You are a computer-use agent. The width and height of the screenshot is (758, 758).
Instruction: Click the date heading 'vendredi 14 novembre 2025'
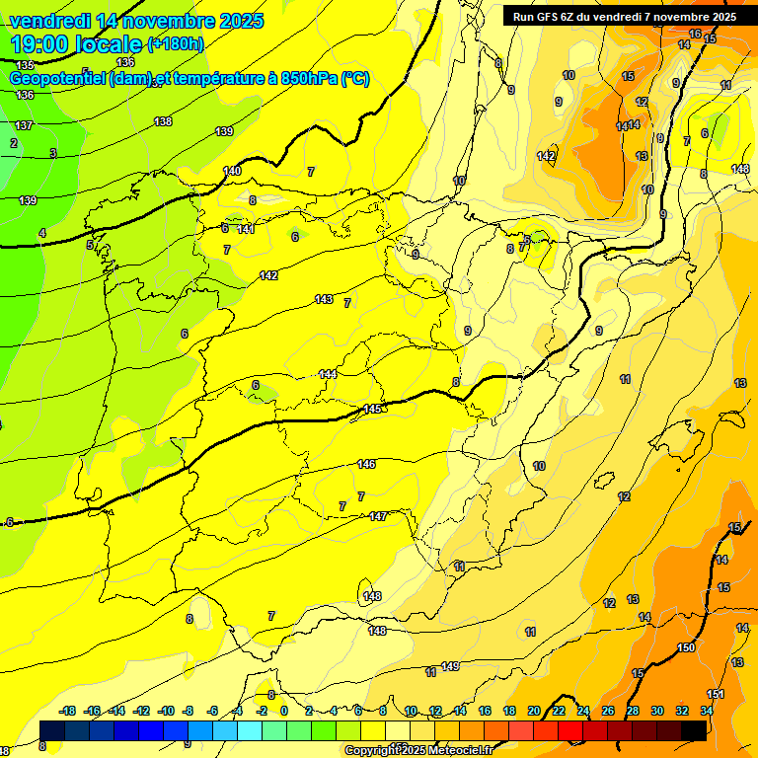[136, 21]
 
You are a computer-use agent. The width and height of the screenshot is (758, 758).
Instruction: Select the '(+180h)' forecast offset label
[176, 43]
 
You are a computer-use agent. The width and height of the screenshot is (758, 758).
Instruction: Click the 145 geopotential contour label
[372, 409]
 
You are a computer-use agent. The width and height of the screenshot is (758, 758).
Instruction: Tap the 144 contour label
[328, 374]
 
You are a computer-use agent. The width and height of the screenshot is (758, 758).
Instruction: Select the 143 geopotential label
[324, 299]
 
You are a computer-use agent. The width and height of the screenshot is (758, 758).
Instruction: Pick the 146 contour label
[366, 464]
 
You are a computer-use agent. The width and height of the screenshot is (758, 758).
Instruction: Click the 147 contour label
[378, 516]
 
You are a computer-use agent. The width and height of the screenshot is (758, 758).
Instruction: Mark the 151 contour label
[716, 695]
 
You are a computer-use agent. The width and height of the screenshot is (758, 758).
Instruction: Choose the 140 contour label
[232, 171]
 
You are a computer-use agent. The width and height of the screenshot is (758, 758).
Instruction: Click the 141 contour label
[246, 229]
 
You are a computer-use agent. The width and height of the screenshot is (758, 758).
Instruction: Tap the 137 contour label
[25, 125]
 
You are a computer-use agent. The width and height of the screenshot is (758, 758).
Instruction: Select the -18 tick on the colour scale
[68, 711]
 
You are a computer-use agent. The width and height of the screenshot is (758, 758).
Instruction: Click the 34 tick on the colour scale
[707, 711]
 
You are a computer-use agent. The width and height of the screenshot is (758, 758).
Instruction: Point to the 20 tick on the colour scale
[534, 711]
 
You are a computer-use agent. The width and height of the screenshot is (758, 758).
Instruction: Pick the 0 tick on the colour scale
[284, 711]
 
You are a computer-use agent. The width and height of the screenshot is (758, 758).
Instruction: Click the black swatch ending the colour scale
[694, 729]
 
